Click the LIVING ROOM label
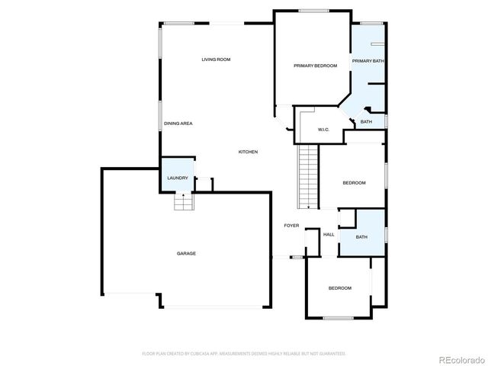point(216,59)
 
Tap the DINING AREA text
point(178,124)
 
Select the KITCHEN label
point(248,152)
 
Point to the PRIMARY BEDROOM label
point(315,66)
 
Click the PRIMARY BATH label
point(368,61)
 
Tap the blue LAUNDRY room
point(178,177)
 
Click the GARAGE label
point(187,253)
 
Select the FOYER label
point(291,226)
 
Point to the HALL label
point(329,234)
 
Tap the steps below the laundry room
point(183,202)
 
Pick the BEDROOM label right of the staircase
point(354,183)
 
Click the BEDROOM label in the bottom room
point(339,287)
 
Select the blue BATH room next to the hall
point(361,237)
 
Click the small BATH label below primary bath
point(366,122)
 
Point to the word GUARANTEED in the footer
point(329,354)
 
